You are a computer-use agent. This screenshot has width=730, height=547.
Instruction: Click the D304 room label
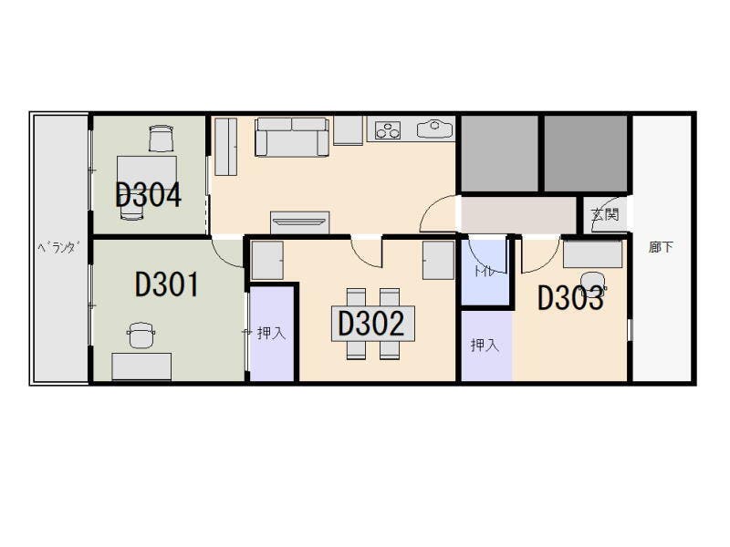(148, 195)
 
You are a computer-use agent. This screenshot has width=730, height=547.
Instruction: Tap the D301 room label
(167, 284)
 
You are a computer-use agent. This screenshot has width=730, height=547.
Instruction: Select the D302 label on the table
(371, 324)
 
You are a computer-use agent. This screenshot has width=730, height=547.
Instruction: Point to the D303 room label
(571, 298)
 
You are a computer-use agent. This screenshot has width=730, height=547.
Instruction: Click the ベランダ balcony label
(58, 247)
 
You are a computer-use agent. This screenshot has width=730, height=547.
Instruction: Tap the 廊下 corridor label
(661, 247)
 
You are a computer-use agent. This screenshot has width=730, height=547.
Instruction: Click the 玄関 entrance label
(605, 214)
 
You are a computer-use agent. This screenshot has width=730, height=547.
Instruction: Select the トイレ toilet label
(485, 271)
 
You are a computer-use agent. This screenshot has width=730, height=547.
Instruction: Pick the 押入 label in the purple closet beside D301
(271, 333)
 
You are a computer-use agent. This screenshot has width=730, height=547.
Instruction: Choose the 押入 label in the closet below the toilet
(485, 345)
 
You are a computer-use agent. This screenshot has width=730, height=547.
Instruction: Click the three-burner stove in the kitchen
(388, 129)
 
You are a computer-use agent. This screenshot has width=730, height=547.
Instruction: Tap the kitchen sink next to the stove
(435, 129)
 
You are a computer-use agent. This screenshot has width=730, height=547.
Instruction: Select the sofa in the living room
(292, 137)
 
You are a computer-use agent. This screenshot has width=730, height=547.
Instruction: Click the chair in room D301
(141, 335)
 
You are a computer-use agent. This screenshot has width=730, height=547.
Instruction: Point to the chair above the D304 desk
(162, 139)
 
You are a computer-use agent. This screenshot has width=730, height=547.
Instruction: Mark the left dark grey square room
(499, 153)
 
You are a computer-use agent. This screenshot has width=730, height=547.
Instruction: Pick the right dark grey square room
(586, 153)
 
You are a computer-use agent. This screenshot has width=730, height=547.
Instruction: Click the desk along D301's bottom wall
(141, 367)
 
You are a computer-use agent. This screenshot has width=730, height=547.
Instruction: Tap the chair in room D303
(593, 284)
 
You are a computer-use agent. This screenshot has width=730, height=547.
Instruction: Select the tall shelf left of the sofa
(225, 147)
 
